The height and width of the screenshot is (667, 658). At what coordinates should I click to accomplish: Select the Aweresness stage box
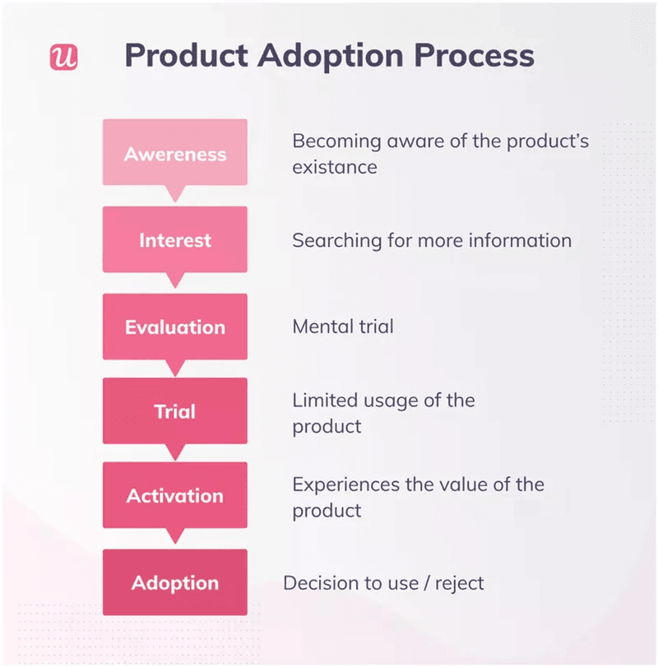(174, 153)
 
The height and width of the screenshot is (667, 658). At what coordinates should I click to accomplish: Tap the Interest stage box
(174, 240)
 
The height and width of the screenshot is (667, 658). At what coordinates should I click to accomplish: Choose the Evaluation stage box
(174, 327)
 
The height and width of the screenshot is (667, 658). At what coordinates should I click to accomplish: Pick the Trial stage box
(174, 411)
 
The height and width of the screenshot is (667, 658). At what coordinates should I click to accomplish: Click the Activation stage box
(174, 496)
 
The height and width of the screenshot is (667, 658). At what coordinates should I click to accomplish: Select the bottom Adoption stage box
(174, 583)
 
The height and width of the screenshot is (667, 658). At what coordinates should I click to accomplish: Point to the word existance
(335, 167)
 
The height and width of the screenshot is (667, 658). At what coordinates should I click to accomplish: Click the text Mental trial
(343, 327)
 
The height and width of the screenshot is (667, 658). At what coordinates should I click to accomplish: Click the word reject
(457, 583)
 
